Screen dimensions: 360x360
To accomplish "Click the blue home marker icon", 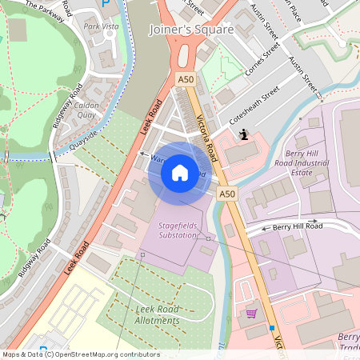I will pyautogui.click(x=180, y=173).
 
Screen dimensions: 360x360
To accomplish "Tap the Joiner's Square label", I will pyautogui.click(x=191, y=30).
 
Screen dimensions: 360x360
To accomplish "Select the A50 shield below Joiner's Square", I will pyautogui.click(x=185, y=78).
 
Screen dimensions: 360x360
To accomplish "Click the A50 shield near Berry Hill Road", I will pyautogui.click(x=228, y=194).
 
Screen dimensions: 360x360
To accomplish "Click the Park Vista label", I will pyautogui.click(x=102, y=26).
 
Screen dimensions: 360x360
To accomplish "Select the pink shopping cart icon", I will pyautogui.click(x=251, y=314).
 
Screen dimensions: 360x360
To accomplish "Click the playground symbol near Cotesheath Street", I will pyautogui.click(x=243, y=134).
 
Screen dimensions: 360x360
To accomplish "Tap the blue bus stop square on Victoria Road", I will pyautogui.click(x=272, y=328).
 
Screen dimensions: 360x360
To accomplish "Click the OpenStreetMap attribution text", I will pyautogui.click(x=82, y=354).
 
